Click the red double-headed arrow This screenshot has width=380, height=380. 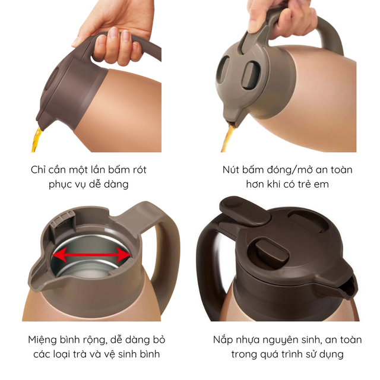[91, 255]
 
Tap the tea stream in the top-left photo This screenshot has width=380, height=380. [36, 140]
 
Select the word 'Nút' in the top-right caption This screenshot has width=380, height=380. [231, 170]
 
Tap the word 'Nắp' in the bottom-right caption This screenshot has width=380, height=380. [223, 340]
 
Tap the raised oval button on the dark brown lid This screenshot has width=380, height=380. [272, 252]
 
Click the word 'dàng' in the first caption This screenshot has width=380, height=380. [116, 185]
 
